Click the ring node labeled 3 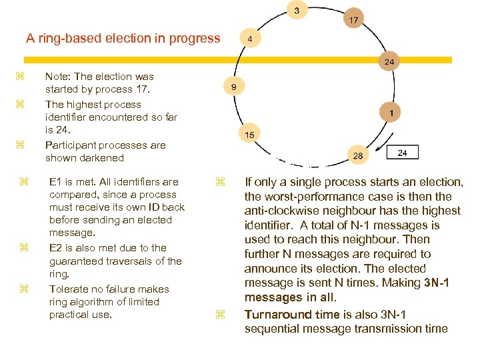[297, 10]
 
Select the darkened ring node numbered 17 [353, 20]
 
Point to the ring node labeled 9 [234, 87]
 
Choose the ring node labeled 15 [249, 135]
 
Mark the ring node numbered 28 [358, 155]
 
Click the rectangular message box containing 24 [402, 153]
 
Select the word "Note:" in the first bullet [58, 77]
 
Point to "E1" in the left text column [57, 181]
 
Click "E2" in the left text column [57, 248]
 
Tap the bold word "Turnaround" [277, 314]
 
